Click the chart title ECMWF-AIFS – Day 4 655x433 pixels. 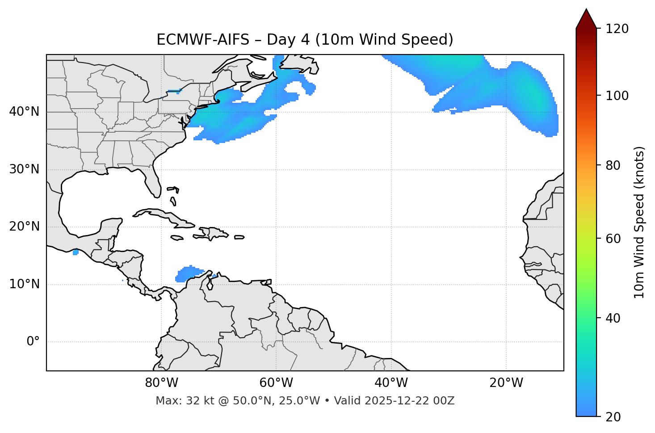(x=305, y=40)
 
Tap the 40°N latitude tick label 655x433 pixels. (x=24, y=112)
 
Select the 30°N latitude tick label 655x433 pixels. (x=24, y=169)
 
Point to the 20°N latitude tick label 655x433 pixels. (x=24, y=227)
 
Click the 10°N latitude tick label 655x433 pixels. (x=24, y=284)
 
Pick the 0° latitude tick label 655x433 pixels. (x=33, y=342)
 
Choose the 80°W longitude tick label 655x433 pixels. (x=161, y=383)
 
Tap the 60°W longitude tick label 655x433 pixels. (x=276, y=383)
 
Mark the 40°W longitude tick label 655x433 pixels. (x=391, y=383)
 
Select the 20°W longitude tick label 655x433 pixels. (x=506, y=383)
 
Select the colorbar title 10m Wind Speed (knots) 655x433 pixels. (x=639, y=222)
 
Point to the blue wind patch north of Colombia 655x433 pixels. (x=188, y=273)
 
